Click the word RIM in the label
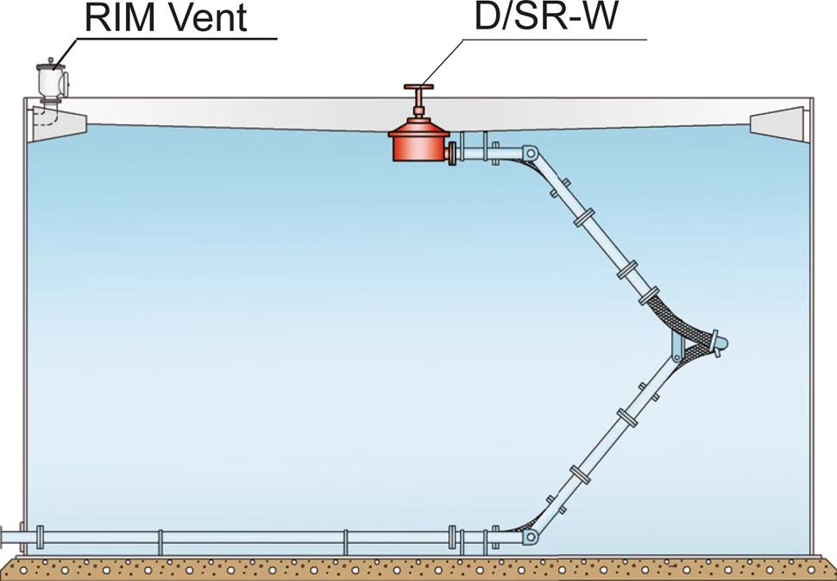(117, 19)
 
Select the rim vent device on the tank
(53, 82)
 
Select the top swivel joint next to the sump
(529, 155)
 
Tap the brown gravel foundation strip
(418, 567)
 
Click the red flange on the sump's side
(452, 154)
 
